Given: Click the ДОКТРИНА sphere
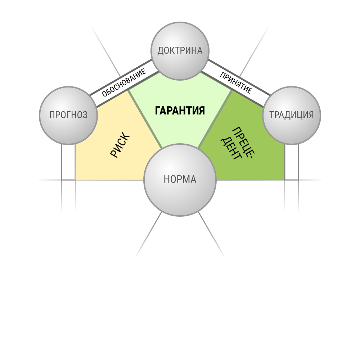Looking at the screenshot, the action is pos(180,51).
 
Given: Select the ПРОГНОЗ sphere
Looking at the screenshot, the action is pos(68,116).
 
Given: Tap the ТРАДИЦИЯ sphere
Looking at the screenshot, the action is pos(292,116).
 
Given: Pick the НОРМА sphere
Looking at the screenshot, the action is pos(180,180).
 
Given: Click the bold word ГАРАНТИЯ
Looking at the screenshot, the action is pos(180,111).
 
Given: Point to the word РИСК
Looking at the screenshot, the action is pos(120,145).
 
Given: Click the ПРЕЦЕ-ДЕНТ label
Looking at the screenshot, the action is pos(238,144).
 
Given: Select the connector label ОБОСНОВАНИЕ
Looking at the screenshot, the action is pos(124,82).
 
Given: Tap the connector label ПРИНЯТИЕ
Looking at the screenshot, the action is pos(236,83).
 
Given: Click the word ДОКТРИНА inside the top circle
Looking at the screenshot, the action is pos(180,51).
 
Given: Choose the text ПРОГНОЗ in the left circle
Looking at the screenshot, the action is pos(68,115).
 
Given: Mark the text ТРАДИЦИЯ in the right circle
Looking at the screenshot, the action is pos(292,115).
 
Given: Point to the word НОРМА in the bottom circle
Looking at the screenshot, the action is pos(180,180).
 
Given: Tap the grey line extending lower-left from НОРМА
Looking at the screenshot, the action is pos(149,234).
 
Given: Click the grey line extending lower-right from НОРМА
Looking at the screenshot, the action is pos(211,234).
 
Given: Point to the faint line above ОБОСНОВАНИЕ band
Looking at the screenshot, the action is pos(105,51).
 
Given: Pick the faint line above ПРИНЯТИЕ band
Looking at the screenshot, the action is pos(255,51).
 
